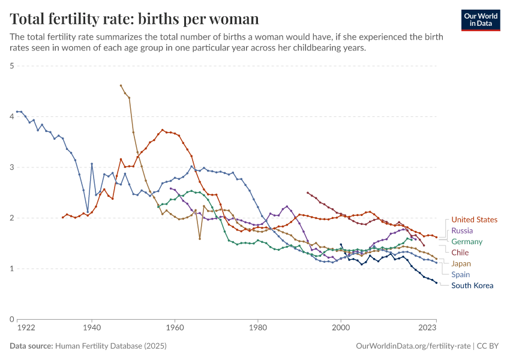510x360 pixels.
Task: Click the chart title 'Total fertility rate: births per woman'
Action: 134,19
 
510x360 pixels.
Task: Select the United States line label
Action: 474,220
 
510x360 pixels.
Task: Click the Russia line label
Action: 462,230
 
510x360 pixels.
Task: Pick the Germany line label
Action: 467,242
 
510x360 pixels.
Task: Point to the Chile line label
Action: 460,253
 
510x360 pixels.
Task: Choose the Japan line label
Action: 461,263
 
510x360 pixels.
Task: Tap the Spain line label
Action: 461,274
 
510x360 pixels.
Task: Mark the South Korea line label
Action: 472,286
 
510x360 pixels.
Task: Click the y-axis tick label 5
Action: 11,66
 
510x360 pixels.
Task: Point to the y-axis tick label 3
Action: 11,167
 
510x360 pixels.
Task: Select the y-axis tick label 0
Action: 11,319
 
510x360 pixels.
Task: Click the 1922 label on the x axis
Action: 25,328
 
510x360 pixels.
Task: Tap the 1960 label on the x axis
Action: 175,328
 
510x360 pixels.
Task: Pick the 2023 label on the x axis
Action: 428,328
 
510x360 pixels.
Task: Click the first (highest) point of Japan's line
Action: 121,85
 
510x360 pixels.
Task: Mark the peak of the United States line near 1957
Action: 162,130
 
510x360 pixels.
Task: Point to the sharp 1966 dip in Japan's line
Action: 200,238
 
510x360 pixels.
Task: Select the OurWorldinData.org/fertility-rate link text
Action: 413,346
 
